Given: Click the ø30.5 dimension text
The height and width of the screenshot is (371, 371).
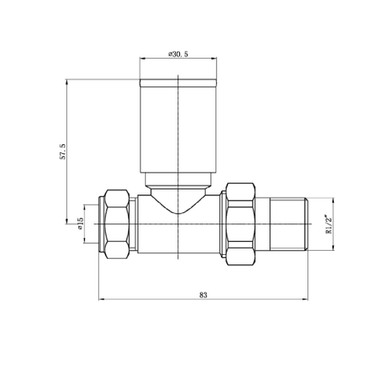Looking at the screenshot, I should coord(179,53).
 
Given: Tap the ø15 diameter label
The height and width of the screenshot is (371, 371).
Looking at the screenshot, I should coord(80,223).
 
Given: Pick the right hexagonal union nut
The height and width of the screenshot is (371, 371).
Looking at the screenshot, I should coord(240,223).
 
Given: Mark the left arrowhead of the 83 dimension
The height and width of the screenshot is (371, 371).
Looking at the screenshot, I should coord(101,302).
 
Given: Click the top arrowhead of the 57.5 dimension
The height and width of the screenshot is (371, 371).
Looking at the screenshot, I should coord(68,81).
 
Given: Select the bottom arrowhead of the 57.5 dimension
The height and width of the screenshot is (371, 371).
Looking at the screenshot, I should coord(68,222).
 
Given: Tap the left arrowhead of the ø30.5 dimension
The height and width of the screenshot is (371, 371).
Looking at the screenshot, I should coord(142,59).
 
